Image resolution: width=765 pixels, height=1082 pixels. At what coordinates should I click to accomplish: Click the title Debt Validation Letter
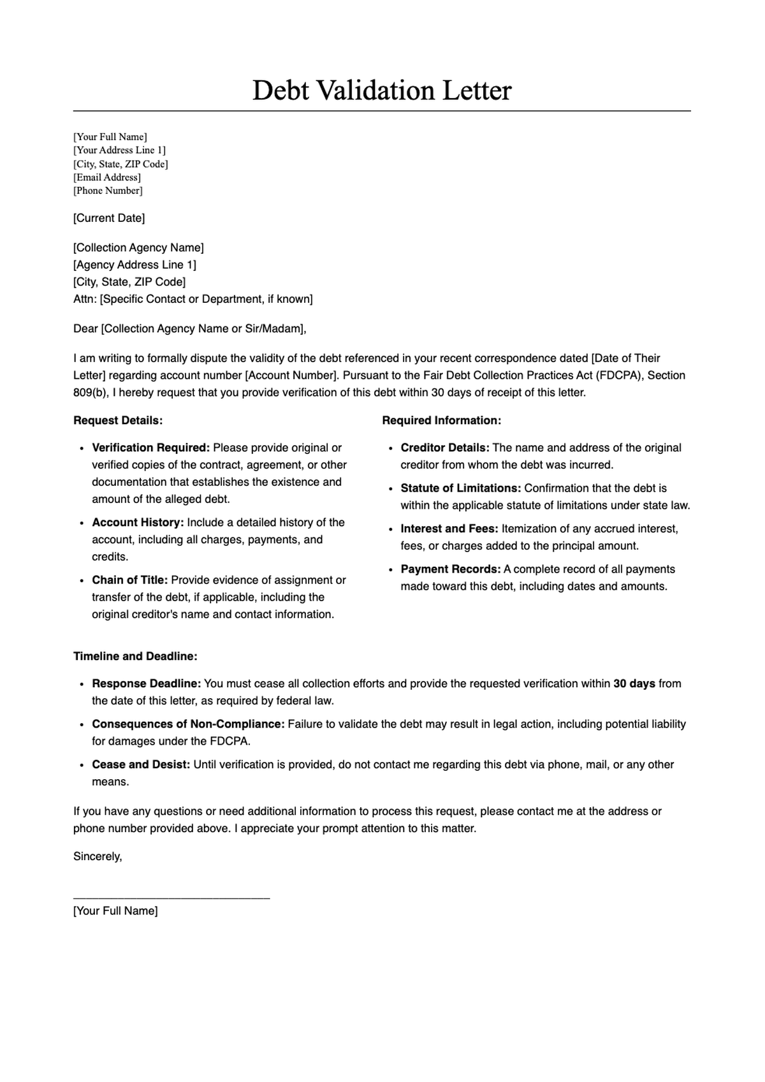pyautogui.click(x=382, y=91)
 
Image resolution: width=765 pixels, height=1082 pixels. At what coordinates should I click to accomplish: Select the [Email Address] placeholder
pyautogui.click(x=107, y=177)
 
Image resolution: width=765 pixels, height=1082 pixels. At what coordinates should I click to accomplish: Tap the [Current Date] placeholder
pyautogui.click(x=109, y=218)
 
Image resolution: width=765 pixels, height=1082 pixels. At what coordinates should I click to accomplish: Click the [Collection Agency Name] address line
pyautogui.click(x=138, y=247)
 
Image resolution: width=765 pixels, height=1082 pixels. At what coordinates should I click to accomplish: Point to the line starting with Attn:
pyautogui.click(x=193, y=299)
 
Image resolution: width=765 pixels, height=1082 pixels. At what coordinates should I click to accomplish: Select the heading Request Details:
pyautogui.click(x=118, y=420)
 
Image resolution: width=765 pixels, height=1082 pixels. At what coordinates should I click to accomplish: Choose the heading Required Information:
pyautogui.click(x=441, y=420)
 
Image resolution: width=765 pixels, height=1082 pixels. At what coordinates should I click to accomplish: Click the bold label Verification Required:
pyautogui.click(x=150, y=448)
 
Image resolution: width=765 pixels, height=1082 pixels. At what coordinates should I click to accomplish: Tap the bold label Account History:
pyautogui.click(x=138, y=522)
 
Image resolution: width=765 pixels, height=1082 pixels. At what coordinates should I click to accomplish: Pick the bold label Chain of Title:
pyautogui.click(x=130, y=580)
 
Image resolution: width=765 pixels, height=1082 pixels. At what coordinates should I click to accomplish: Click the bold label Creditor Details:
pyautogui.click(x=445, y=448)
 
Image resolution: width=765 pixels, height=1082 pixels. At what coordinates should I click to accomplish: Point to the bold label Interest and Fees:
pyautogui.click(x=449, y=529)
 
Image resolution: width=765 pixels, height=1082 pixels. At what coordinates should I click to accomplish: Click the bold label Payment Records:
pyautogui.click(x=451, y=569)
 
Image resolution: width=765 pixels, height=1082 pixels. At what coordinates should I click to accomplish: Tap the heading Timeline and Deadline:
pyautogui.click(x=135, y=656)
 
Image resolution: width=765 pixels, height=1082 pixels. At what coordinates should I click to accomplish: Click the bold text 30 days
pyautogui.click(x=634, y=684)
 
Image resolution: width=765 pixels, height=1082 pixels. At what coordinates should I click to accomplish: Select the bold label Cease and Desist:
pyautogui.click(x=141, y=764)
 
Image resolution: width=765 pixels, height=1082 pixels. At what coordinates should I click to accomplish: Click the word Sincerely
pyautogui.click(x=97, y=856)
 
